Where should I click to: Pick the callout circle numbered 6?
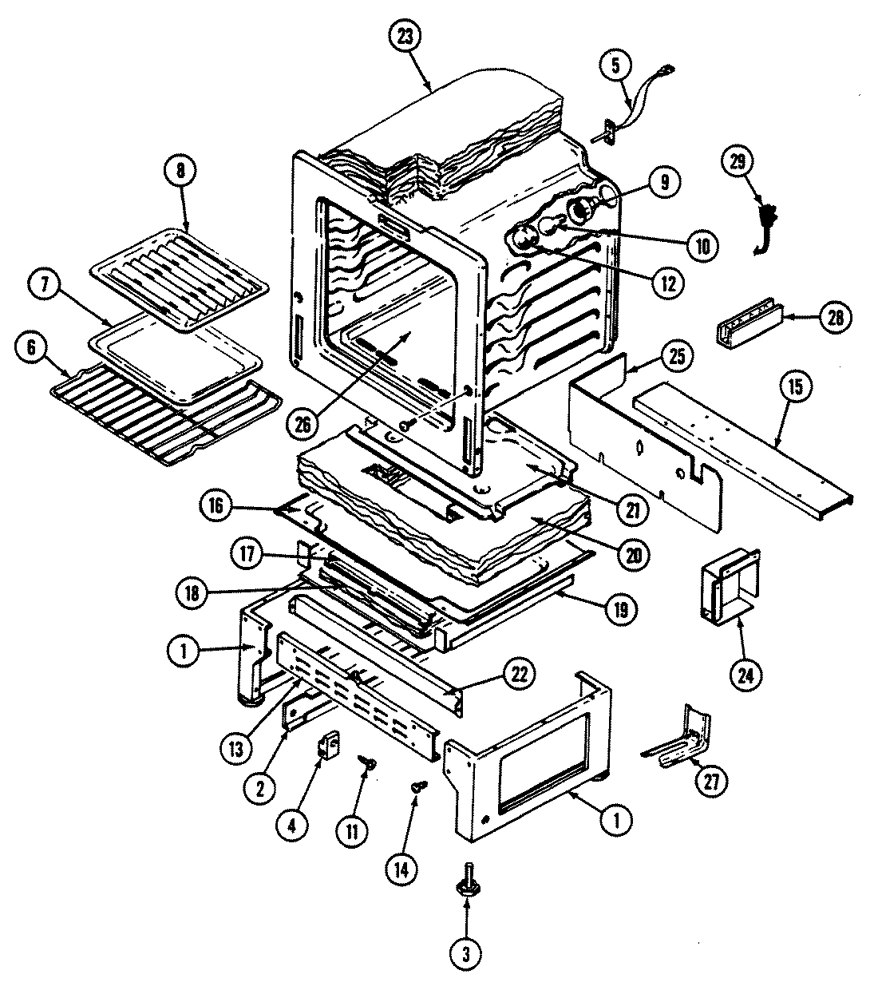(x=32, y=347)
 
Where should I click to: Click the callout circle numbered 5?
(x=615, y=66)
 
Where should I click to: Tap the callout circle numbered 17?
(x=248, y=552)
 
